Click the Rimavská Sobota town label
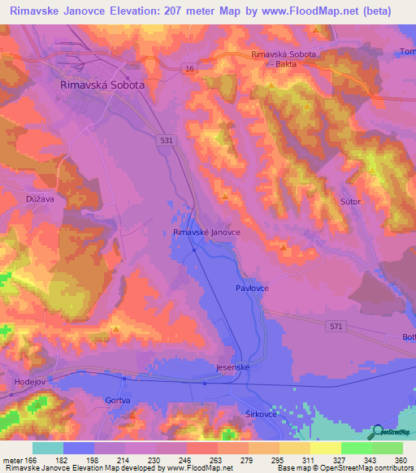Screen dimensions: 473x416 (102, 84)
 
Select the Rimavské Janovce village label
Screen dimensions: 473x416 (206, 232)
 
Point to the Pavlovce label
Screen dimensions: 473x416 (253, 289)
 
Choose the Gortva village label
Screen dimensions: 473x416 (95, 401)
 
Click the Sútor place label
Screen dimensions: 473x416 (350, 201)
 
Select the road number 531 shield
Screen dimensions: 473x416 (166, 140)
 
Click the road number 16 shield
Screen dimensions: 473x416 (188, 68)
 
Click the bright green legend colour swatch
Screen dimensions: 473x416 (356, 448)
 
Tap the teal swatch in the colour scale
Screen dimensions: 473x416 (48, 448)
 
